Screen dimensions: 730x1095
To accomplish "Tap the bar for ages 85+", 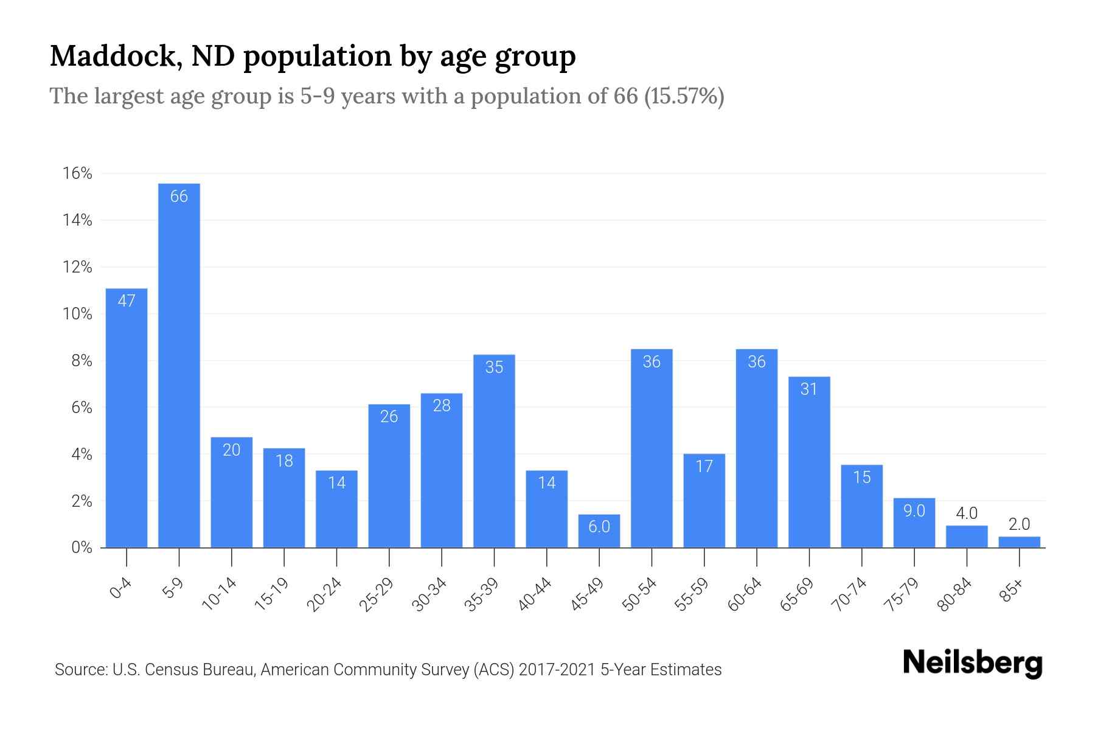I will tap(1019, 542).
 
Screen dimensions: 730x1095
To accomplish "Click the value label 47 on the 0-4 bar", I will tap(127, 301).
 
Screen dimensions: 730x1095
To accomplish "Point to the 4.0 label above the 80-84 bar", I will tap(967, 513).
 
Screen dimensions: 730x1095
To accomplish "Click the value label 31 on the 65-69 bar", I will tap(809, 389).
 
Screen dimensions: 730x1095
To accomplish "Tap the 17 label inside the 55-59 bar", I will tap(704, 467).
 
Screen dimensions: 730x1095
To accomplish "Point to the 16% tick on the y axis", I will tap(77, 174).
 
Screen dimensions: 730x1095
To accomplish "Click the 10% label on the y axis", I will tap(77, 315).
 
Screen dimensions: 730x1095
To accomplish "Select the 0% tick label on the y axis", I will tap(81, 547).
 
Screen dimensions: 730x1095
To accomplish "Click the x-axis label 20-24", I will tap(324, 595).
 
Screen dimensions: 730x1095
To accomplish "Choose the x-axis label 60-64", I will tap(745, 595).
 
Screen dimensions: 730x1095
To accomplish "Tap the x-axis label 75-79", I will tap(902, 595).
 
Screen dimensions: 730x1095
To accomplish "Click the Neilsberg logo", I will tap(972, 663).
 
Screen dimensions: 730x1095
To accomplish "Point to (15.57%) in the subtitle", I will tap(684, 96).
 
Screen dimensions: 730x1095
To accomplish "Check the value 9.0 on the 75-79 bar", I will tap(914, 510).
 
